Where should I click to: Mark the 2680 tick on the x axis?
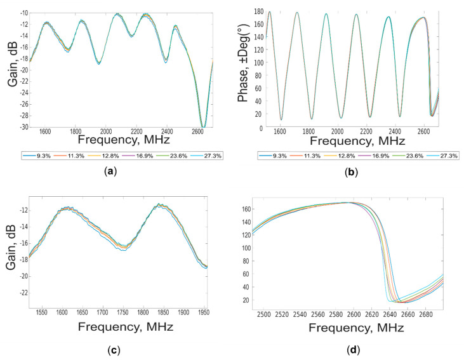(428, 313)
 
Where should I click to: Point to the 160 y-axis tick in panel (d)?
(248, 208)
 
